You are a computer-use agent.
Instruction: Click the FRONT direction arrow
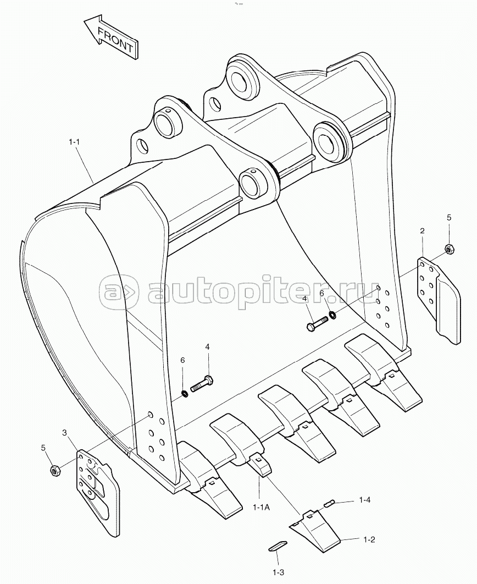112,37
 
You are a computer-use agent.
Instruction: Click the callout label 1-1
74,141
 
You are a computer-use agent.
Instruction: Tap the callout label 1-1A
262,507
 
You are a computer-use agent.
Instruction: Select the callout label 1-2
369,539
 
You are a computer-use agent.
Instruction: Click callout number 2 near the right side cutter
422,231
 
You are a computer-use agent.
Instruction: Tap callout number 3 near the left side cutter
64,432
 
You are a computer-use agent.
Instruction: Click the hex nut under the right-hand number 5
450,249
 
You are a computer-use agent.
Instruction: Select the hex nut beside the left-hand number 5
56,471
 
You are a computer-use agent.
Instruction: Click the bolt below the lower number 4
202,383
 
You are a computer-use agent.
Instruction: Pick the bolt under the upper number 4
318,323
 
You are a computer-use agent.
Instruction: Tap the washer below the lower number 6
184,393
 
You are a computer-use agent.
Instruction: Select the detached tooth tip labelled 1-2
314,527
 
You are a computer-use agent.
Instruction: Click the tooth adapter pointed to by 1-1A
260,465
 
